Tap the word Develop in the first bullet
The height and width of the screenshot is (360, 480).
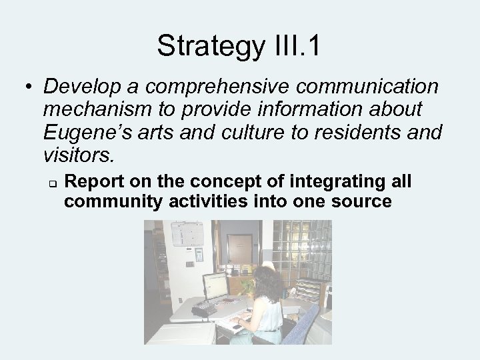82,87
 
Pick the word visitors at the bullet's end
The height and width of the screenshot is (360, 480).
77,155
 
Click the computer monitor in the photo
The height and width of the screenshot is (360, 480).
215,286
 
